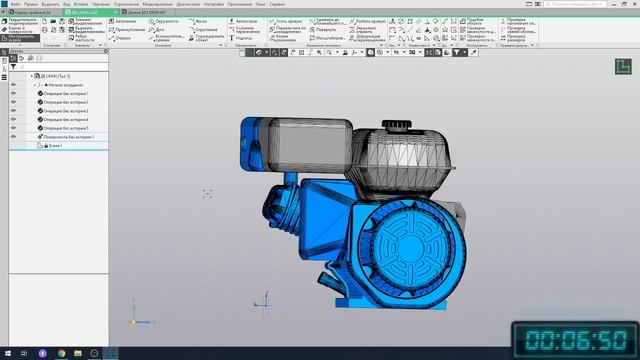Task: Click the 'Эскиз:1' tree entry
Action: (53, 146)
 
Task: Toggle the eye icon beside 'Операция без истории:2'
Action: (14, 103)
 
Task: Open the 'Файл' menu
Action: (16, 3)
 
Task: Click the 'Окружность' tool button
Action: (167, 20)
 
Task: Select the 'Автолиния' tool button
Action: (126, 20)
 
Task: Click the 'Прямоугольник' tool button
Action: (128, 30)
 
